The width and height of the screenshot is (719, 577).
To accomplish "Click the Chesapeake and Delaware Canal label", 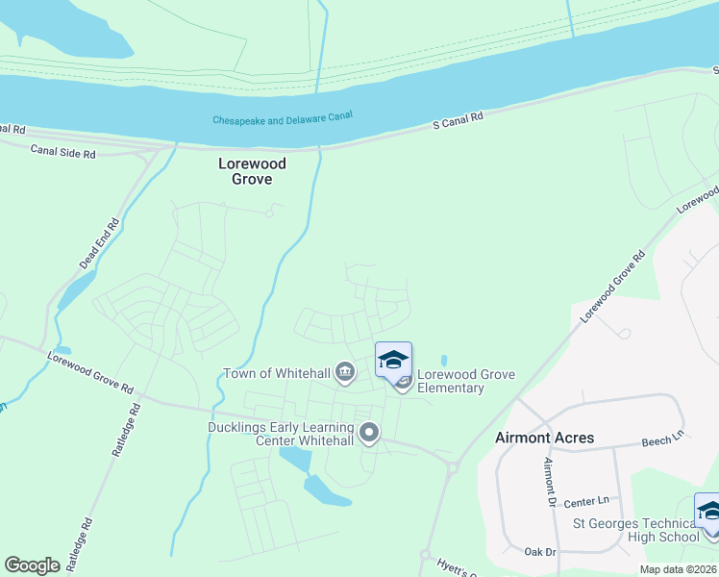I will coord(283,120).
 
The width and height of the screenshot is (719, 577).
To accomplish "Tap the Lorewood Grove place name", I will coord(252,171).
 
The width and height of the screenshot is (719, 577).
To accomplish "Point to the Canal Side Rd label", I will coord(63,151).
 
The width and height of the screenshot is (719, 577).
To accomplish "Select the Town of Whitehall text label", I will coord(277,373).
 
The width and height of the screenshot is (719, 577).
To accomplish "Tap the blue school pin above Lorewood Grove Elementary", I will coord(393,361).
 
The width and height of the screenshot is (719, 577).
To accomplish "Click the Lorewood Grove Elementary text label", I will coord(451,381).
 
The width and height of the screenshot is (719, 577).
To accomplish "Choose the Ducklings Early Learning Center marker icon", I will coord(369,435).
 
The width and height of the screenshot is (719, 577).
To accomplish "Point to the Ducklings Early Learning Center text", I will coord(281,434).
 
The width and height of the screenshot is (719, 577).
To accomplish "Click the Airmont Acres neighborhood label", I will coord(544,438).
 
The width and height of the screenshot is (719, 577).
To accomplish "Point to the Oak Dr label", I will coord(542,551).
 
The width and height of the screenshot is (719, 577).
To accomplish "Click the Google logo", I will coord(33,564).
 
